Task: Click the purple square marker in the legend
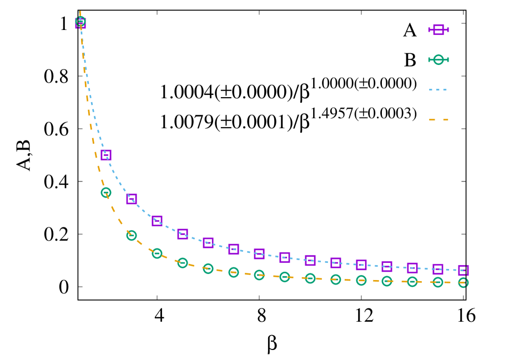click(x=439, y=30)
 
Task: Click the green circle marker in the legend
click(x=439, y=60)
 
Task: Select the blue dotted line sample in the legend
click(x=439, y=90)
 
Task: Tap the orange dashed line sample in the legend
click(x=439, y=120)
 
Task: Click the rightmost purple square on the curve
click(x=463, y=270)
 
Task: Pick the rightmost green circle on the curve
click(x=463, y=283)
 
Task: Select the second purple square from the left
click(x=106, y=155)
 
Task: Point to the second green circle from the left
click(x=106, y=192)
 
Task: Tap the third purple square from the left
click(x=132, y=199)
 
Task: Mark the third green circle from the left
click(x=132, y=235)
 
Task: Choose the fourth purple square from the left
click(x=157, y=221)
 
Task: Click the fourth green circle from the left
click(x=157, y=253)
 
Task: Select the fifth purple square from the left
click(x=183, y=234)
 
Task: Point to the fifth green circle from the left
click(x=183, y=263)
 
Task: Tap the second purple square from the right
click(x=438, y=269)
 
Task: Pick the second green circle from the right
click(x=438, y=282)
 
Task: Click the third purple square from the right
click(x=412, y=268)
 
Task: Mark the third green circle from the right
click(x=412, y=282)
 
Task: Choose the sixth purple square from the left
click(x=208, y=243)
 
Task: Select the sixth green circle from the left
click(x=208, y=268)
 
